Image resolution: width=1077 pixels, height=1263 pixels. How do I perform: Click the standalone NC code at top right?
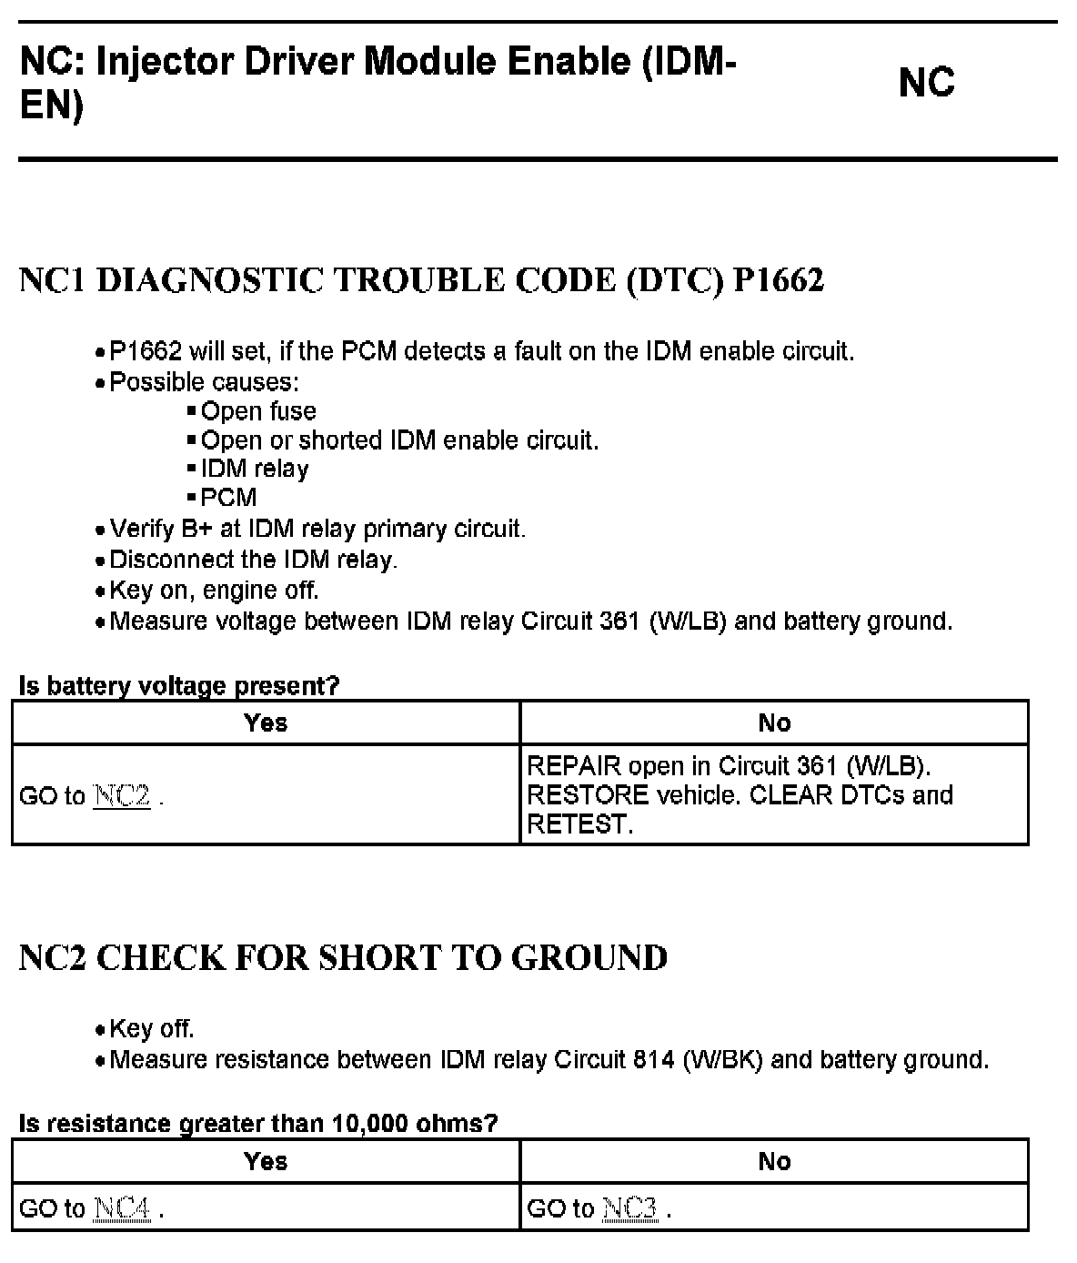(926, 83)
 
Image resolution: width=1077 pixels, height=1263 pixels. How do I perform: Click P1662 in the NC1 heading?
(779, 280)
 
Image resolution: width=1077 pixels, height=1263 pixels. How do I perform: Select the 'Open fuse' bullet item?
(258, 411)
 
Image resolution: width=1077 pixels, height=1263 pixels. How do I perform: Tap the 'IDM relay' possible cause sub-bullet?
(255, 469)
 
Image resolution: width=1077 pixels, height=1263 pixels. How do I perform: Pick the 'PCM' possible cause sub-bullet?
(229, 497)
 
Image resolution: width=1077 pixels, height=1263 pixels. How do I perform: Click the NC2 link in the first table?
(122, 796)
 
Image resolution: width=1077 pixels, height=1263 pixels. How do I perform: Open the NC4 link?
(122, 1208)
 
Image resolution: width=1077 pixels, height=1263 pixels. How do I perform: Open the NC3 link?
(629, 1208)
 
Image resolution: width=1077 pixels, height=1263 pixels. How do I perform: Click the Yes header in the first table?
(266, 722)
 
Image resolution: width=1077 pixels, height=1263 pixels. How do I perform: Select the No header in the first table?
(774, 722)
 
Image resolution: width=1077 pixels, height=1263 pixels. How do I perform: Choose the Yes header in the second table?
(266, 1161)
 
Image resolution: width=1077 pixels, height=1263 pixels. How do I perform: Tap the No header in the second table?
(774, 1161)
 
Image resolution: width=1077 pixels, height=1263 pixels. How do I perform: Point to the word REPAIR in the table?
(573, 766)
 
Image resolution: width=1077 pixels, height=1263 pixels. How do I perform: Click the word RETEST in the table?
(579, 824)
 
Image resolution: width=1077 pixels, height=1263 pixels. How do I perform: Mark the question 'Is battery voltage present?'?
(179, 686)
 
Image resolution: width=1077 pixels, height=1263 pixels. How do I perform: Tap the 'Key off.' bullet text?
(152, 1029)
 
